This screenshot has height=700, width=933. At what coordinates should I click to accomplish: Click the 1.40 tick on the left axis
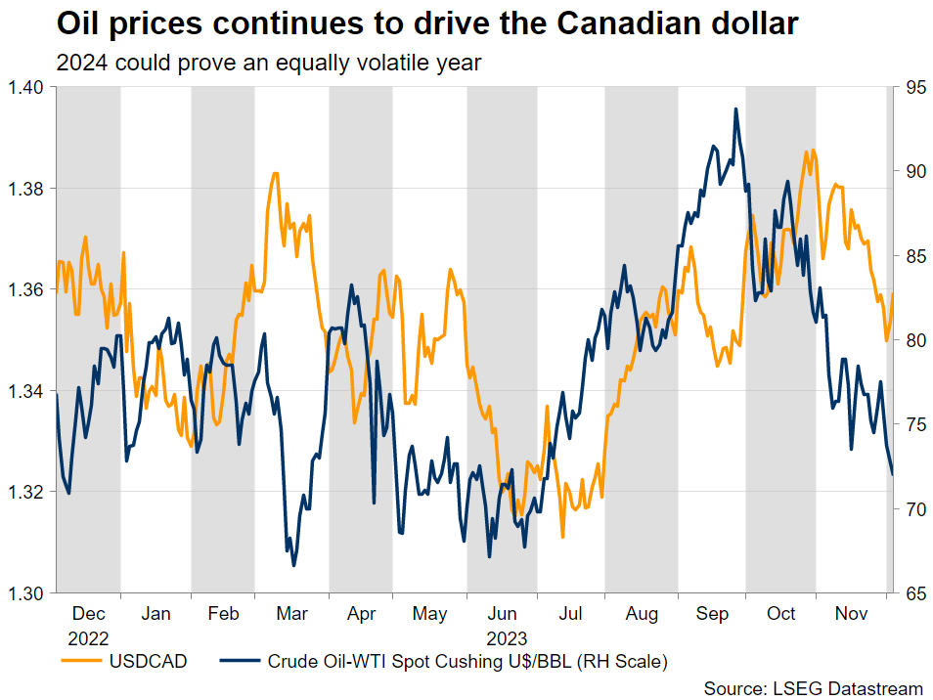pos(27,87)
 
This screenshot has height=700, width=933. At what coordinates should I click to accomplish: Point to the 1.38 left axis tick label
pos(27,188)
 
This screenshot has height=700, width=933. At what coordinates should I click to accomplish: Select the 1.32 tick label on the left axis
pos(27,492)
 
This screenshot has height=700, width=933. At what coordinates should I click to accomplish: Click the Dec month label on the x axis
pos(89,615)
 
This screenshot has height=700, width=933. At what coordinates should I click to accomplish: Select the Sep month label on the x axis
pos(712,615)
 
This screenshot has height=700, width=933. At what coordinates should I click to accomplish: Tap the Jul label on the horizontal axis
pos(572,615)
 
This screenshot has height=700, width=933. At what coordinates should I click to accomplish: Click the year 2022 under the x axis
pos(89,637)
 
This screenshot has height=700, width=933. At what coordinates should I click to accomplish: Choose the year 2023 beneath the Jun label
pos(502,637)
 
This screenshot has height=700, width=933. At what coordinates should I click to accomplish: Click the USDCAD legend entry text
pos(147,662)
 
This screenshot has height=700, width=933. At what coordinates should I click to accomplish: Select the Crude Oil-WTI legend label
pos(466,662)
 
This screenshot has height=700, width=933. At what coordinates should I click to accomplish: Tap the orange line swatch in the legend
pos(80,662)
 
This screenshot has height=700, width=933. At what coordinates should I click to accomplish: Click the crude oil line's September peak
pos(735,109)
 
